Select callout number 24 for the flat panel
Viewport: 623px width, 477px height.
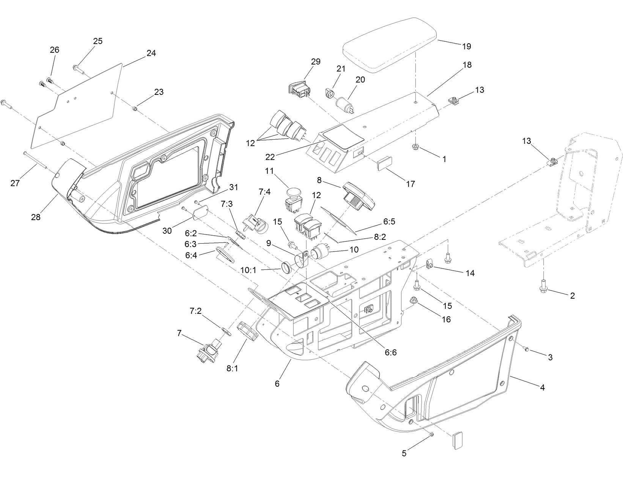(151, 54)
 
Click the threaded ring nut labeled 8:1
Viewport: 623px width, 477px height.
(248, 331)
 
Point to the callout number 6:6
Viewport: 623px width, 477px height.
(391, 353)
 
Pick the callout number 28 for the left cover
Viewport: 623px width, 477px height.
(36, 217)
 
